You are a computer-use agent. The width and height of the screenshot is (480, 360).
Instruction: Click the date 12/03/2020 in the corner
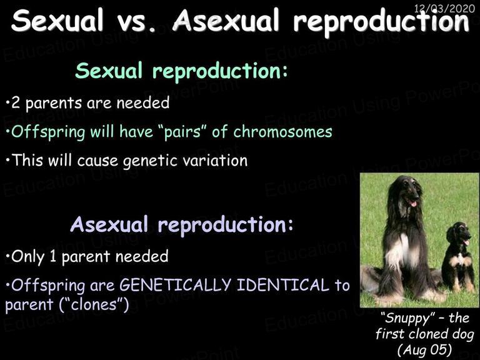click(444, 8)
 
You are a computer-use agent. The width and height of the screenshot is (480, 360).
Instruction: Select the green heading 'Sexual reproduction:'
click(181, 71)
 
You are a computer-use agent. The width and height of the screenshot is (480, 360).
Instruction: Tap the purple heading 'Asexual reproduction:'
click(181, 224)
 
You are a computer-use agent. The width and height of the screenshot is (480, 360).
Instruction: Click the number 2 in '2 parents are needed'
click(15, 103)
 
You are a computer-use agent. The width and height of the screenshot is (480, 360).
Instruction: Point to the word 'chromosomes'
click(282, 132)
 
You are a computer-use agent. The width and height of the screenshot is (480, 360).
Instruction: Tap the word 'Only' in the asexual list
click(28, 257)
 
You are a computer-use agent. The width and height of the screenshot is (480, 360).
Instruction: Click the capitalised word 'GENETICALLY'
click(175, 285)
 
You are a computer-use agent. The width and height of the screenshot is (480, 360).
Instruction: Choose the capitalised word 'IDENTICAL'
click(283, 285)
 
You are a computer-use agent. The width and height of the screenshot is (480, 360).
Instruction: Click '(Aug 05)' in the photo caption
click(424, 349)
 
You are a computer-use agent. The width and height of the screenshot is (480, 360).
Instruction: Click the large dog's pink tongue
click(413, 203)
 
